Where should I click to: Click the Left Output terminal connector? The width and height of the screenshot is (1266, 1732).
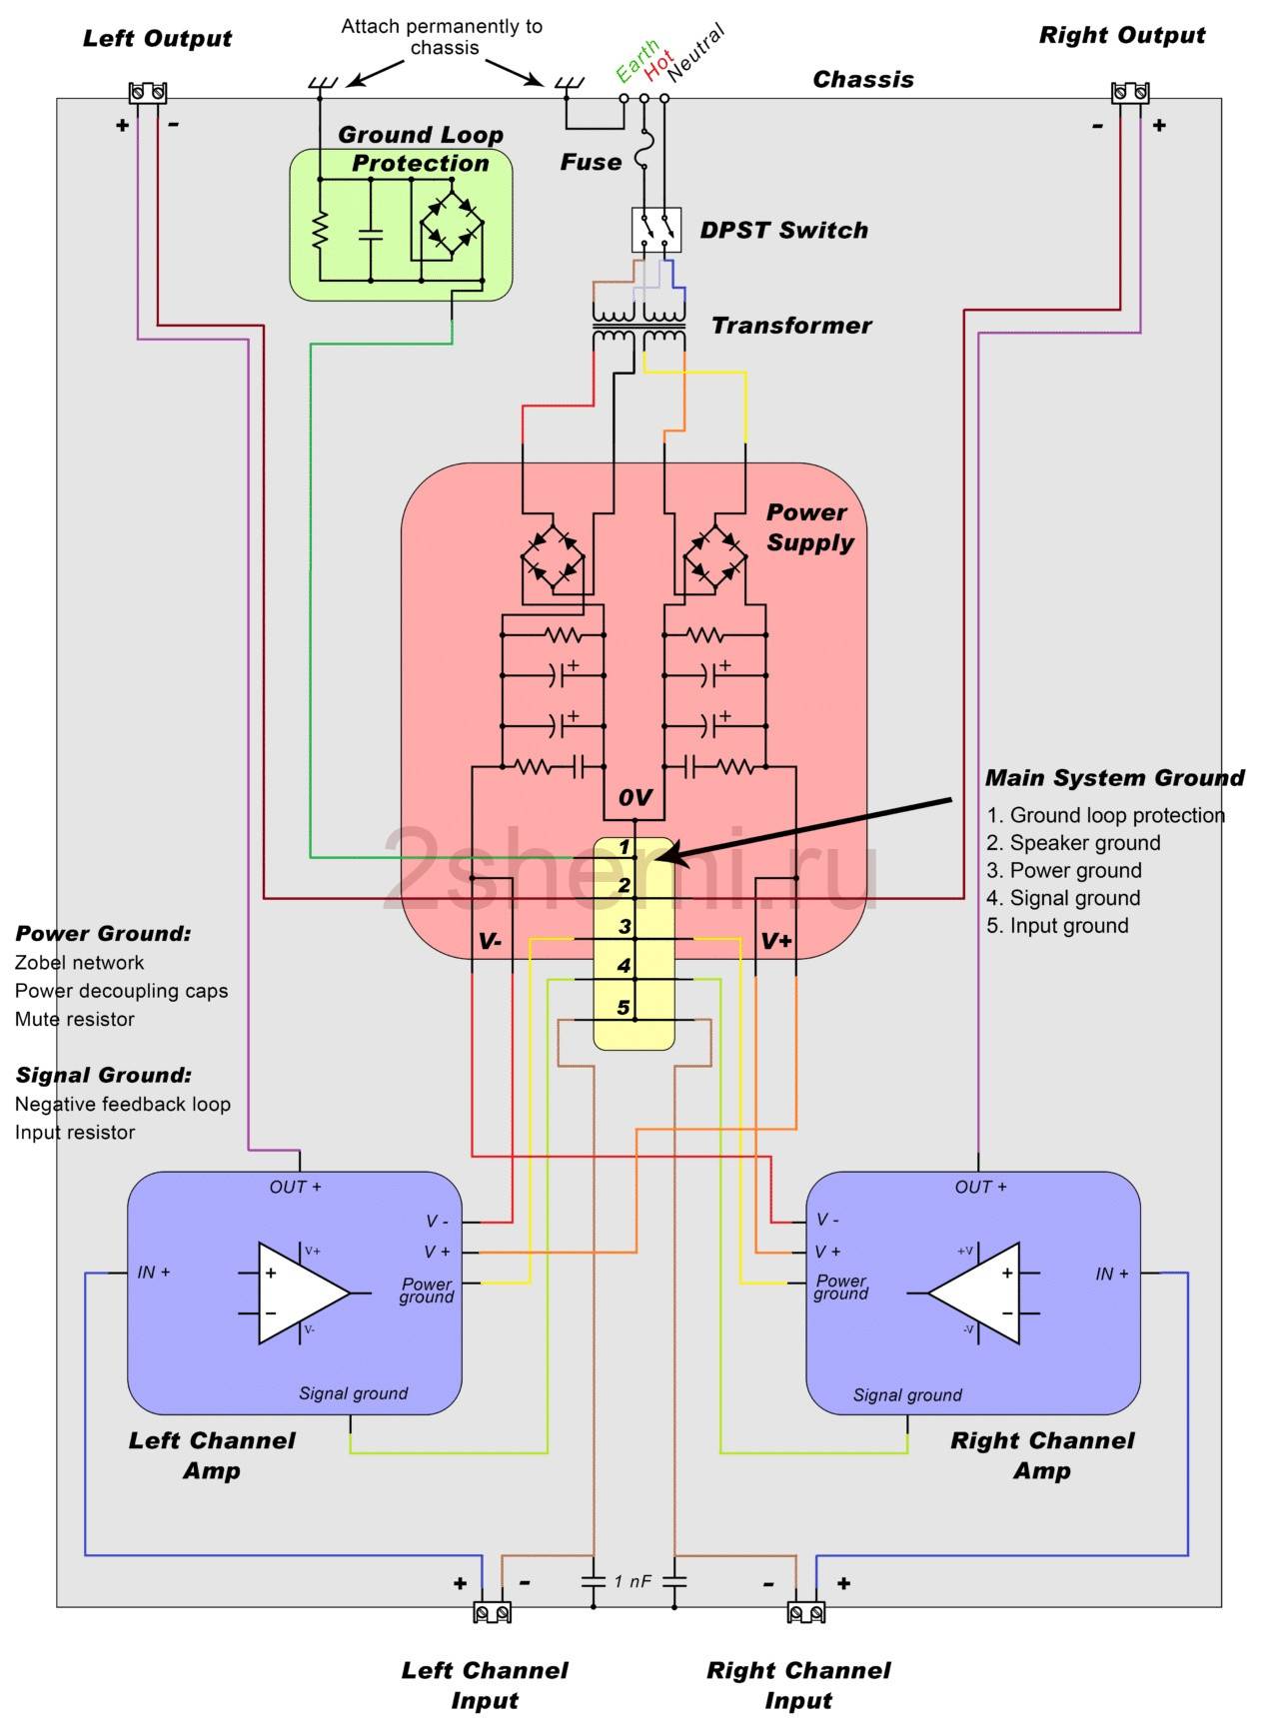(147, 93)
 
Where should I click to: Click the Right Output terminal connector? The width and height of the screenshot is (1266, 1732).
(1129, 93)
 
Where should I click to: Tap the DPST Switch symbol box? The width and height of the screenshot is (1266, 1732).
(656, 230)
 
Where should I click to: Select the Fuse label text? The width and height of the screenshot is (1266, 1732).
(591, 162)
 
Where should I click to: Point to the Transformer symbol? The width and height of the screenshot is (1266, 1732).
(639, 327)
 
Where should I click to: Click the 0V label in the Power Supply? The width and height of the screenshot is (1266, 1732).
(634, 797)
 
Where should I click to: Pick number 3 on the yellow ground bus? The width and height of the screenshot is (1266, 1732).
(625, 926)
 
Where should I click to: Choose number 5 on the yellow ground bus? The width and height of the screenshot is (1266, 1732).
(624, 1007)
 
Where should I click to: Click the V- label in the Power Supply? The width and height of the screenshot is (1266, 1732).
(490, 942)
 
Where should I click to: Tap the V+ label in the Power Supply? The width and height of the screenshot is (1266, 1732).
(776, 941)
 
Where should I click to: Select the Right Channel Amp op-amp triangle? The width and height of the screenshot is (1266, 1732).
(975, 1294)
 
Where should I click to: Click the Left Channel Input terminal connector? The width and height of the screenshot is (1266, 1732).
(492, 1612)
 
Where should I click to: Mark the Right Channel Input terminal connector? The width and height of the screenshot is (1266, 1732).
(805, 1612)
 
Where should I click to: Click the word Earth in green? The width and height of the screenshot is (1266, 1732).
(636, 61)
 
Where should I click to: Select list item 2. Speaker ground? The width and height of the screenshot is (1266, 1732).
(1073, 843)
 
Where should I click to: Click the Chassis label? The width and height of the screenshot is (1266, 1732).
(863, 80)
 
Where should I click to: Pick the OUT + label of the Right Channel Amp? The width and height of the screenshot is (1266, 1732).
(980, 1187)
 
